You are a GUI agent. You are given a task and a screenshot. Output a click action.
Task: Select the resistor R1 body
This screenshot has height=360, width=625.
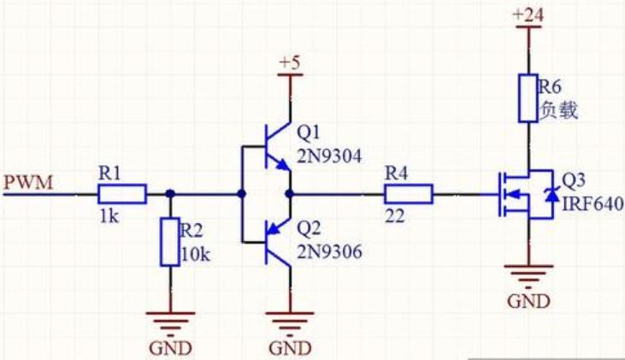click(x=122, y=194)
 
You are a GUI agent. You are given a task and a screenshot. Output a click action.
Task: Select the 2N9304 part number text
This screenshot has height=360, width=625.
click(x=329, y=156)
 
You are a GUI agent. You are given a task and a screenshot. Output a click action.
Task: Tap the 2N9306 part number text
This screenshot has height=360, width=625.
click(x=329, y=252)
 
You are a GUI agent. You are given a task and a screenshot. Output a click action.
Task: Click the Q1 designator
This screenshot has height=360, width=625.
click(x=309, y=133)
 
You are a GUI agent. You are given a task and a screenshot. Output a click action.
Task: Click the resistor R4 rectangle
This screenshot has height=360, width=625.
click(x=408, y=194)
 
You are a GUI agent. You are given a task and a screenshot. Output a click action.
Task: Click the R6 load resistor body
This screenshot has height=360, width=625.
click(x=528, y=97)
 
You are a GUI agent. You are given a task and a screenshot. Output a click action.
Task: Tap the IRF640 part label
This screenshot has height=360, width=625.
click(x=593, y=204)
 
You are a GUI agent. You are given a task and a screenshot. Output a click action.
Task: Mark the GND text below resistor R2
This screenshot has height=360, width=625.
click(x=170, y=348)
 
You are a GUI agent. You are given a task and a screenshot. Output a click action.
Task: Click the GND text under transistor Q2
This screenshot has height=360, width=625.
click(x=291, y=348)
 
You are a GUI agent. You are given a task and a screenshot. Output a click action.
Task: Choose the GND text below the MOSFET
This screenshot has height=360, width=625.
click(x=528, y=302)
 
